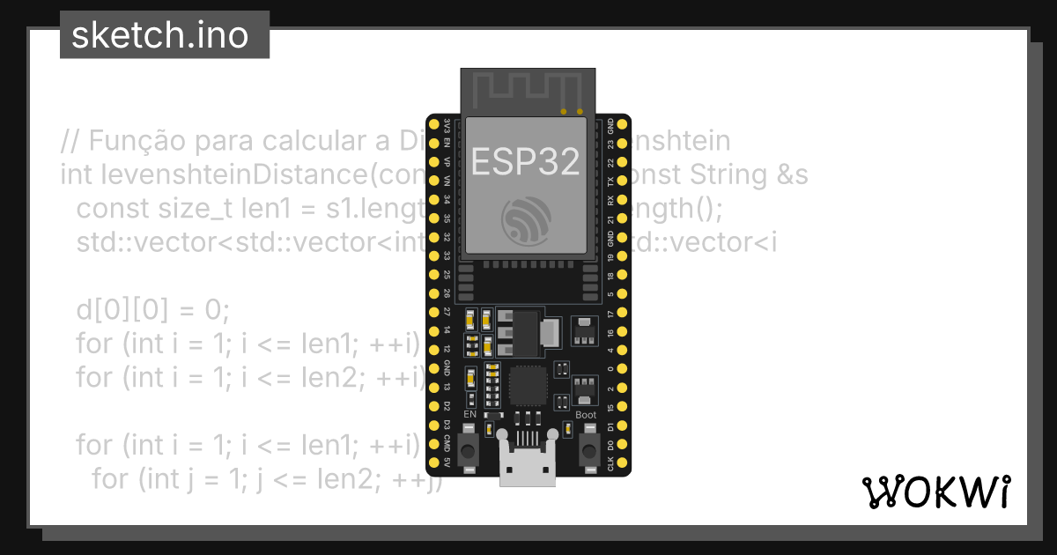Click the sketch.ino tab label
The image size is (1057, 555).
tap(159, 35)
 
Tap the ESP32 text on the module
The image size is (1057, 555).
tap(526, 161)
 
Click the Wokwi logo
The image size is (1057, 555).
tap(935, 492)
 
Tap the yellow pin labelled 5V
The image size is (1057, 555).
tap(433, 463)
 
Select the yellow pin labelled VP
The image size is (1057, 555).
tap(433, 161)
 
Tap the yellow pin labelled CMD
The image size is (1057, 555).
tap(433, 444)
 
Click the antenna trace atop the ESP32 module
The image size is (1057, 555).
tap(526, 87)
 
